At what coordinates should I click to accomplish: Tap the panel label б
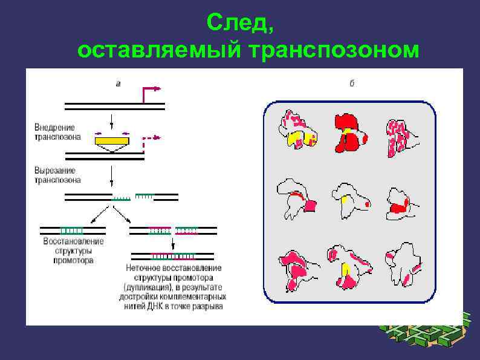pyautogui.click(x=352, y=83)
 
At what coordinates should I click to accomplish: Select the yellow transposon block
pyautogui.click(x=111, y=141)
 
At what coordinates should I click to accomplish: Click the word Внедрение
pyautogui.click(x=54, y=128)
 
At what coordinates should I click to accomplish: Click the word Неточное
pyautogui.click(x=143, y=267)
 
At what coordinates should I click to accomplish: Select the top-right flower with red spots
pyautogui.click(x=399, y=136)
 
